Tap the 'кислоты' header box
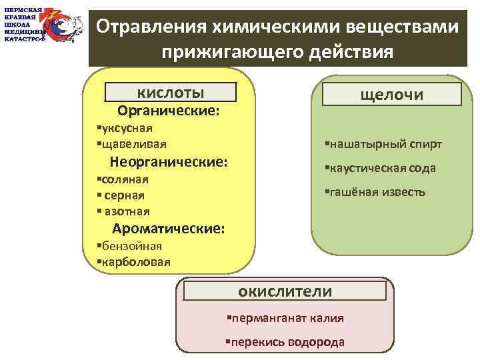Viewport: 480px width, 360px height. (x=171, y=92)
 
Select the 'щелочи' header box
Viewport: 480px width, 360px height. (x=391, y=95)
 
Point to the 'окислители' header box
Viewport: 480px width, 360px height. (x=285, y=291)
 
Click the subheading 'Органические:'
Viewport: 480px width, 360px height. (x=169, y=110)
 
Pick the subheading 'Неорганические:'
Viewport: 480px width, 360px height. (x=169, y=161)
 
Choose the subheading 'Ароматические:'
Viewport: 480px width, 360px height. (x=169, y=229)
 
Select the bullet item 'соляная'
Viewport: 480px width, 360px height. (x=123, y=179)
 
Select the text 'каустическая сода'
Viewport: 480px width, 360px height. (x=381, y=168)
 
